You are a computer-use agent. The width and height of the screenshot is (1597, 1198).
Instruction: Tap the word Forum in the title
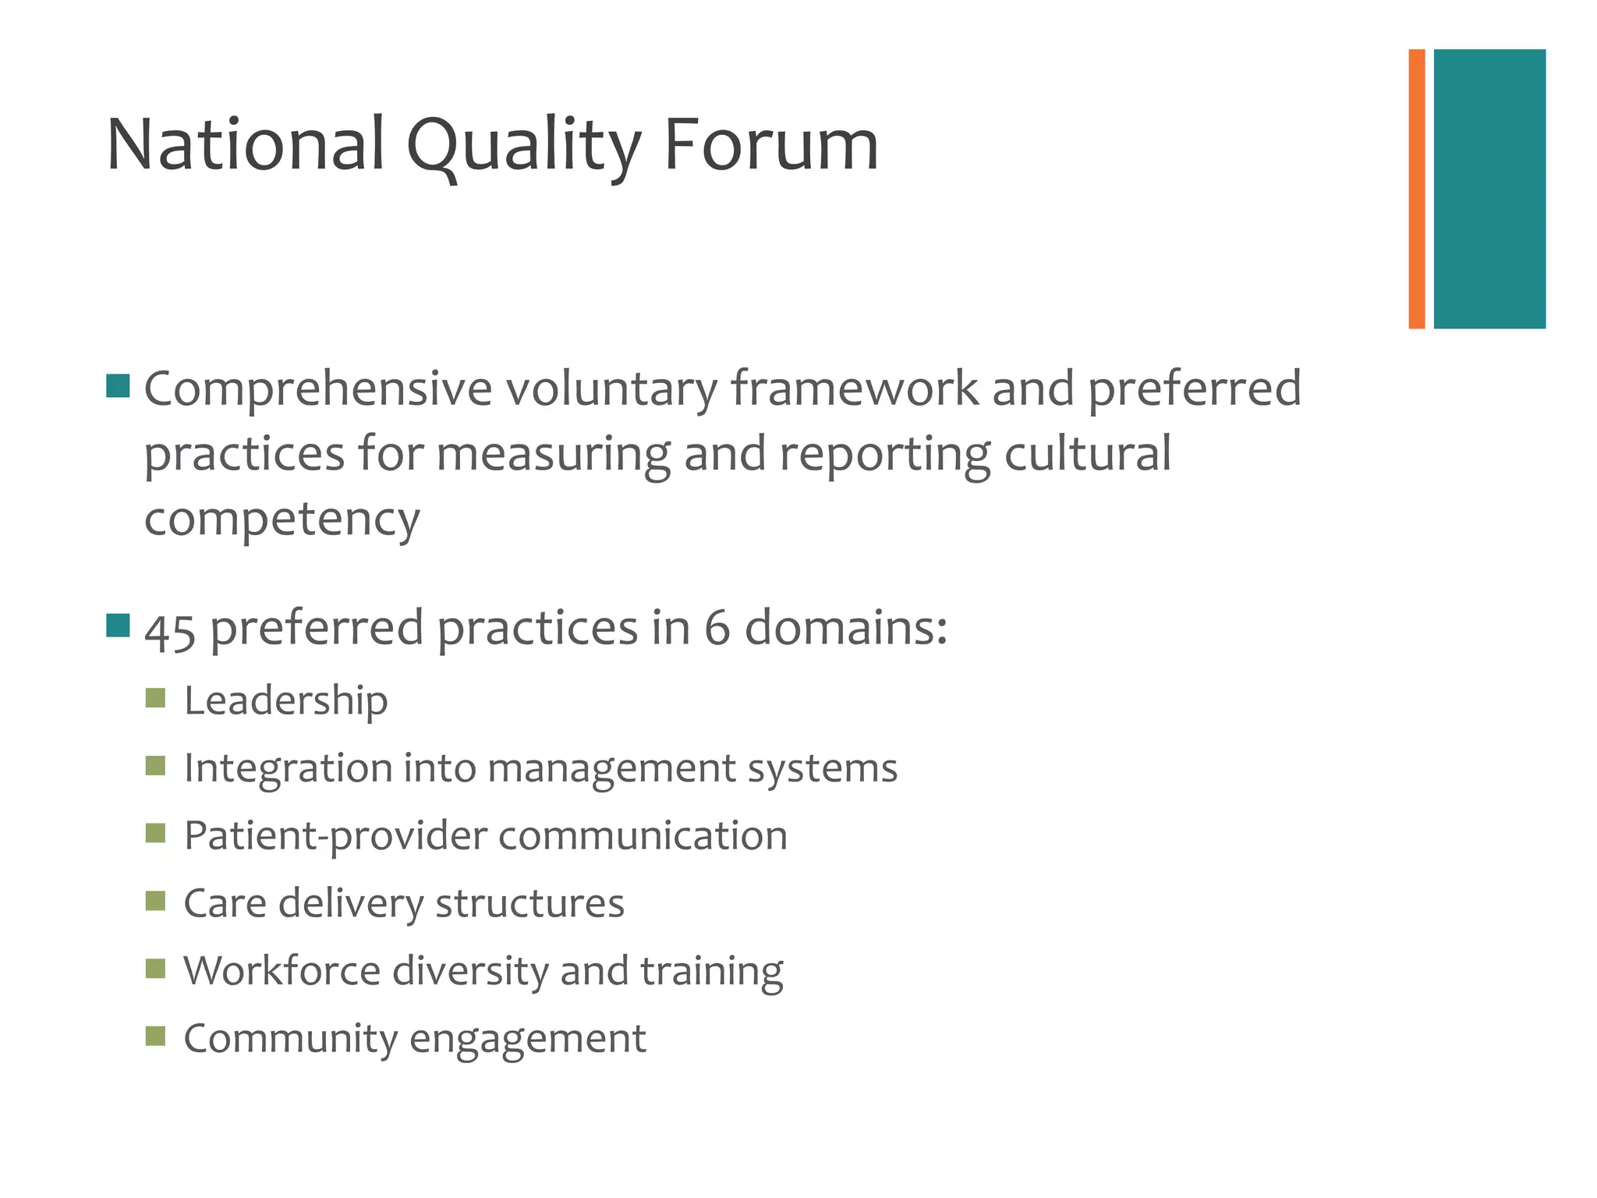click(x=770, y=145)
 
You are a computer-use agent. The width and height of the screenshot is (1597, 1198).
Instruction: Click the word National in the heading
click(x=246, y=145)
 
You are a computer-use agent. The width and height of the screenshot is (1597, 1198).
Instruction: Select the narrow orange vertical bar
click(x=1417, y=189)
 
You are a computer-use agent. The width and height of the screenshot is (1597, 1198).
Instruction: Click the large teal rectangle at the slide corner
click(x=1489, y=189)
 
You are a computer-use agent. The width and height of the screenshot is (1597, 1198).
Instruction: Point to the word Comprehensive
click(x=318, y=388)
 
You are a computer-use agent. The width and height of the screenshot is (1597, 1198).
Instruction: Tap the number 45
click(x=169, y=629)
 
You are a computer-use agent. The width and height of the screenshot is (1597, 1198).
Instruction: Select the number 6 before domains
click(x=717, y=628)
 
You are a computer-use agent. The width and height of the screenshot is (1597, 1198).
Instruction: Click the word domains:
click(x=846, y=628)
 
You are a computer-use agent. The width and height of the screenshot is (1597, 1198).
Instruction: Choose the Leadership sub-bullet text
click(x=285, y=700)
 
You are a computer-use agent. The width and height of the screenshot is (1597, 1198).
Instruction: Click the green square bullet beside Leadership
click(x=155, y=698)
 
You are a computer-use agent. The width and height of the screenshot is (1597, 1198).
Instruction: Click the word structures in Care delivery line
click(x=529, y=903)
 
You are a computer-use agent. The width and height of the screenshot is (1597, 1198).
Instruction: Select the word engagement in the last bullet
click(x=527, y=1040)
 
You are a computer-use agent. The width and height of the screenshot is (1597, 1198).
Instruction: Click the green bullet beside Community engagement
click(x=155, y=1036)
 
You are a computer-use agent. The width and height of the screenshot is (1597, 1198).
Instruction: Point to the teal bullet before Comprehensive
click(x=118, y=386)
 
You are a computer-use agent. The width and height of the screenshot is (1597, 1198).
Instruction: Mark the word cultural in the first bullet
click(x=1087, y=454)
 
